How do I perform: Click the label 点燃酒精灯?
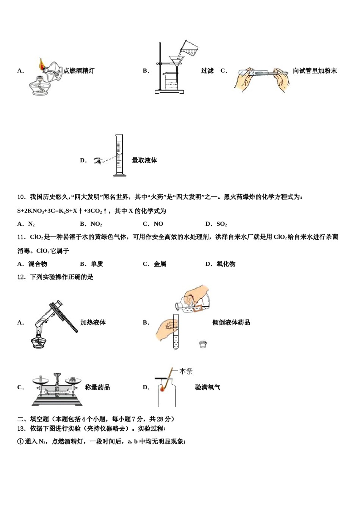point(79,71)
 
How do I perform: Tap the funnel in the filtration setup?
point(176,61)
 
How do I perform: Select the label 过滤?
point(207,71)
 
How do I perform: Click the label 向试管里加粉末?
point(315,71)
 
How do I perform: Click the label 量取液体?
point(144,161)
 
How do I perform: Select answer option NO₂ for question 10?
point(96,224)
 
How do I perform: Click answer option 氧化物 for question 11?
point(226,264)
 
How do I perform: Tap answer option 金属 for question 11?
point(160,264)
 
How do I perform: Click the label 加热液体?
point(93,323)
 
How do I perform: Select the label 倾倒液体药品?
point(231,323)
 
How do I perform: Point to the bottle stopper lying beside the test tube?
point(203,344)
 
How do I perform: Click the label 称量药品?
point(97,387)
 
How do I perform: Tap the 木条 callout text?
point(186,372)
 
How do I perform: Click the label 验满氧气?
point(208,387)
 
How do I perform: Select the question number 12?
point(21,277)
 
